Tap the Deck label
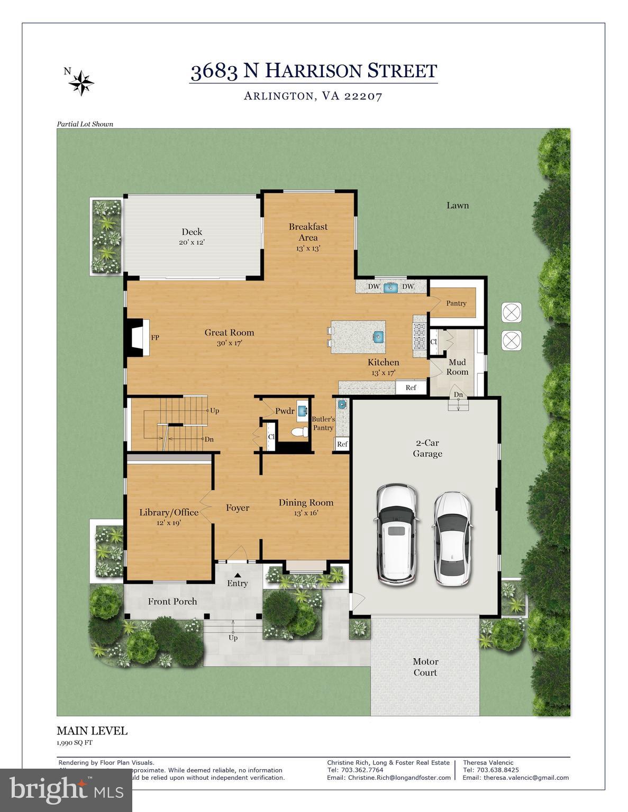(192, 232)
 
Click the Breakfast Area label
(308, 232)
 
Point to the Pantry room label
(456, 303)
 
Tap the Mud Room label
(457, 367)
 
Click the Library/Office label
(169, 512)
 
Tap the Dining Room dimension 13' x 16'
(306, 513)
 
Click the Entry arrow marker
(238, 575)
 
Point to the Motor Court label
(425, 667)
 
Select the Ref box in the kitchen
(411, 387)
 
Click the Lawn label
(457, 205)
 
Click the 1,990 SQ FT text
(75, 742)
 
